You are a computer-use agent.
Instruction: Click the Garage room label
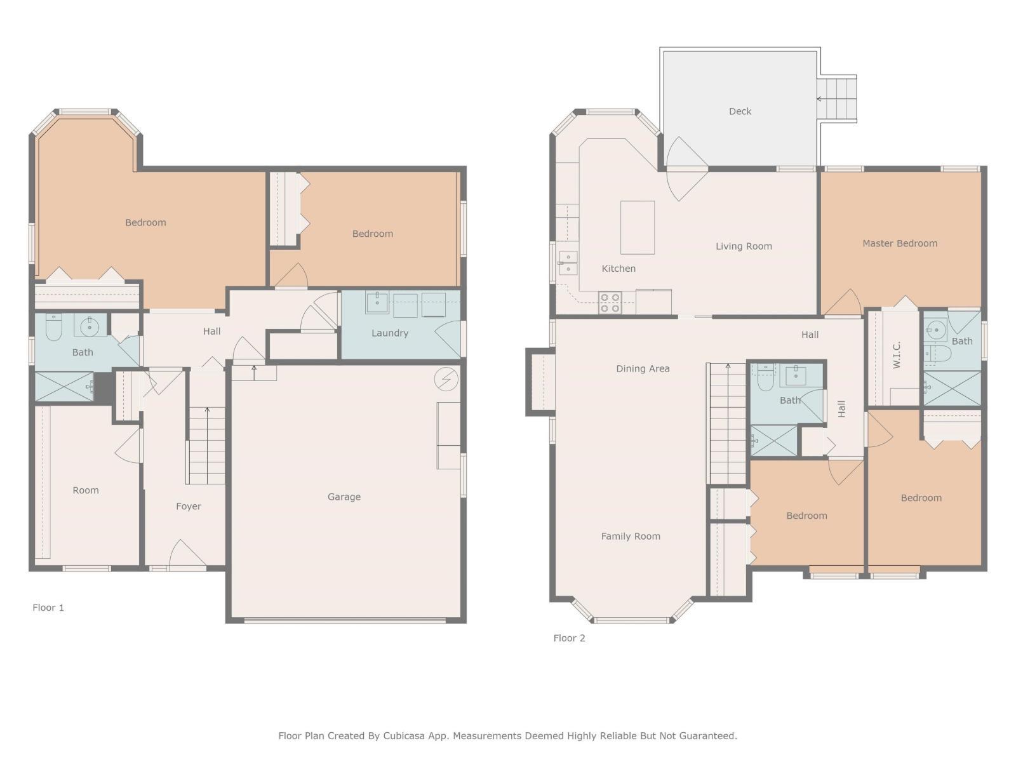pos(344,497)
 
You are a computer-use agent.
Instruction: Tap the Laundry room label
pos(389,333)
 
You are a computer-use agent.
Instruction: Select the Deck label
pos(740,111)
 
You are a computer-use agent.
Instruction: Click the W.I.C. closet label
pos(897,354)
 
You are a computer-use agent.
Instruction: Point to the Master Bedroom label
pos(899,243)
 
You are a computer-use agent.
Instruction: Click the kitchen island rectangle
pos(637,227)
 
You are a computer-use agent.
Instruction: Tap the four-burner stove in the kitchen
pos(610,302)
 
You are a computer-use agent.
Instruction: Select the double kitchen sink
pos(568,263)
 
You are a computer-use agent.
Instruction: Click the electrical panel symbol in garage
pos(446,379)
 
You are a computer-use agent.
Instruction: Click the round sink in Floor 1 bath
pos(90,326)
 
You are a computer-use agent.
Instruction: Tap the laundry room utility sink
pos(377,302)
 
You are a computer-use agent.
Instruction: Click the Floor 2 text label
pos(569,638)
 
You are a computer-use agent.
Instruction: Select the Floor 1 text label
pos(48,607)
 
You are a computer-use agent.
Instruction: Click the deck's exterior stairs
pos(837,99)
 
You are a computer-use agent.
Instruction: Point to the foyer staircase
pos(206,446)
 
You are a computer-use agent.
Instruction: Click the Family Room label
pos(630,536)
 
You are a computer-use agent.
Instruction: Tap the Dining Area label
pos(643,368)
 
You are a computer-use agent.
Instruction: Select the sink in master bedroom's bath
pos(936,329)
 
